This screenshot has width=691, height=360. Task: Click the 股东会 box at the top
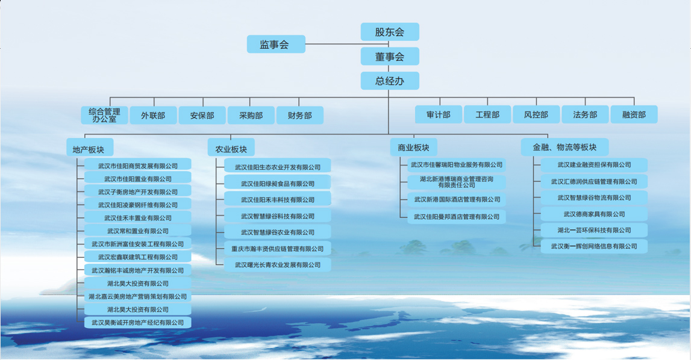(x=390, y=32)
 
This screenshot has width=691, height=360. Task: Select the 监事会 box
(x=276, y=44)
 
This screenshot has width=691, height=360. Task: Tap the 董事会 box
(x=390, y=57)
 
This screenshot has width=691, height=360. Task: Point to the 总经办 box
(x=390, y=81)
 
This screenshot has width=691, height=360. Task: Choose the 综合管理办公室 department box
(x=104, y=115)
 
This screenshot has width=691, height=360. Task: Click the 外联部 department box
(x=154, y=116)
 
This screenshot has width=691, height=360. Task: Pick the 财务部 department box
(x=299, y=116)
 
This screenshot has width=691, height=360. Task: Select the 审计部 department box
(x=439, y=114)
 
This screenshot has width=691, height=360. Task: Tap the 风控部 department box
(x=536, y=114)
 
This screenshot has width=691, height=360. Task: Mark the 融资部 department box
(x=634, y=114)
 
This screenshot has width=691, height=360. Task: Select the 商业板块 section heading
(x=413, y=147)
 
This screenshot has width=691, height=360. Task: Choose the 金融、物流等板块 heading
(x=564, y=147)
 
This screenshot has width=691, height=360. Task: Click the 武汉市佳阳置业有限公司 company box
(x=137, y=178)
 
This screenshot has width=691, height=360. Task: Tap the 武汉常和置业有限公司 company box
(x=137, y=230)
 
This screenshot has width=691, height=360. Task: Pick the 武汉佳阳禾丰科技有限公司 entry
(x=278, y=199)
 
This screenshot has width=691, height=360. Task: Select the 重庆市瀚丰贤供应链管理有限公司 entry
(x=278, y=248)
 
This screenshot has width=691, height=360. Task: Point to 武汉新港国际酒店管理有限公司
(x=457, y=199)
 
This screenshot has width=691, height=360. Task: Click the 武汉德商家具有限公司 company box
(x=594, y=214)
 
